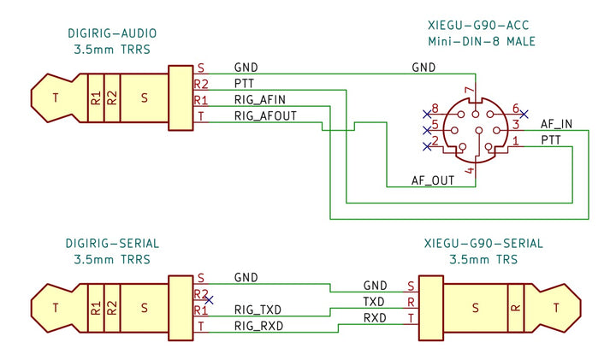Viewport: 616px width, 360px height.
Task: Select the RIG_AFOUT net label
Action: point(265,115)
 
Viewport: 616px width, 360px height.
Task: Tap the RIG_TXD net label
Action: point(258,309)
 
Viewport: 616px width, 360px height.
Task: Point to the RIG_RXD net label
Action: point(258,326)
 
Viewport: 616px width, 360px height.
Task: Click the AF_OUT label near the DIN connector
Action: point(432,180)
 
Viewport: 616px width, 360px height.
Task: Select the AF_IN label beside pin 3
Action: point(556,124)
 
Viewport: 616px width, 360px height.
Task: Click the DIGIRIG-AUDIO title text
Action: point(112,33)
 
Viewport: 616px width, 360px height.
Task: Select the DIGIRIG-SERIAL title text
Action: point(112,244)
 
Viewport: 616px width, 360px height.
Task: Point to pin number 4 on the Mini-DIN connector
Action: point(468,171)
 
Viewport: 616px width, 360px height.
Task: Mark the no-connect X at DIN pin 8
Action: point(426,113)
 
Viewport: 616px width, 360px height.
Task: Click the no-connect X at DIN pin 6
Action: point(524,113)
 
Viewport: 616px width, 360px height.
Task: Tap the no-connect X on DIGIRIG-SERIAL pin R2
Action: point(210,299)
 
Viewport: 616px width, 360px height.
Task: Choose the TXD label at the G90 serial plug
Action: point(374,302)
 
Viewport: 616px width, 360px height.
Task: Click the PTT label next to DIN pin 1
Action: point(552,140)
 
